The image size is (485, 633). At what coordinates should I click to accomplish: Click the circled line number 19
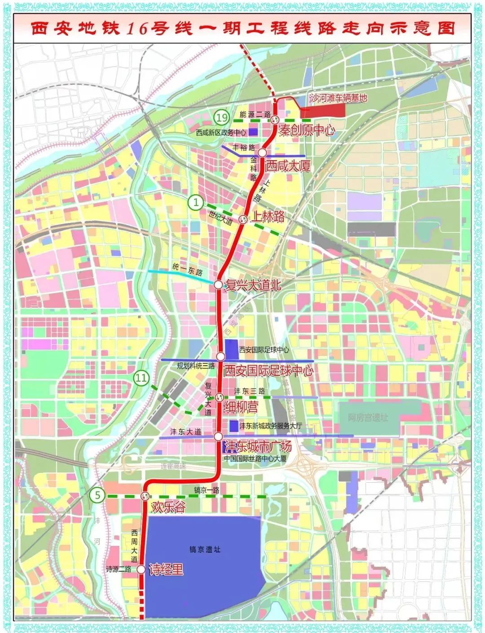click(x=222, y=118)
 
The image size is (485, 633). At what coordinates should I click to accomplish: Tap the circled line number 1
click(x=196, y=202)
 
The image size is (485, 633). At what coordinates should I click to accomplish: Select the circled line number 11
click(x=141, y=378)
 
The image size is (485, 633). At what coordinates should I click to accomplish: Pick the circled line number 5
click(x=97, y=496)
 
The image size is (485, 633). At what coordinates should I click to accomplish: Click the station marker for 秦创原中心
click(x=275, y=120)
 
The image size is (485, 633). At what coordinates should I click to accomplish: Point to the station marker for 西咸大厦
click(x=262, y=153)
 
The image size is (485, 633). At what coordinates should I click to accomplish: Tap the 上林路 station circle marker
click(x=243, y=219)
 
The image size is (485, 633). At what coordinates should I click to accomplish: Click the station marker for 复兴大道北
click(x=218, y=284)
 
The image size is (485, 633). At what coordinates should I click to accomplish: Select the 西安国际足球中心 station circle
click(x=220, y=357)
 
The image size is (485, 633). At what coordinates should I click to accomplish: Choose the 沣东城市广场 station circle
click(x=218, y=436)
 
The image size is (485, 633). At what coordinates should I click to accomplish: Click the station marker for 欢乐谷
click(x=145, y=496)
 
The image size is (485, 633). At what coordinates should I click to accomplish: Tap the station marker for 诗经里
click(x=141, y=569)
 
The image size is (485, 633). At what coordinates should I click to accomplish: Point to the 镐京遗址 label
click(x=205, y=549)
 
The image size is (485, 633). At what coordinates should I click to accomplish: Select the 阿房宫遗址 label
click(x=368, y=418)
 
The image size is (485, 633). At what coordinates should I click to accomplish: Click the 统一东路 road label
click(x=188, y=270)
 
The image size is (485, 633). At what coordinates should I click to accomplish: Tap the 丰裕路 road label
click(x=244, y=147)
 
